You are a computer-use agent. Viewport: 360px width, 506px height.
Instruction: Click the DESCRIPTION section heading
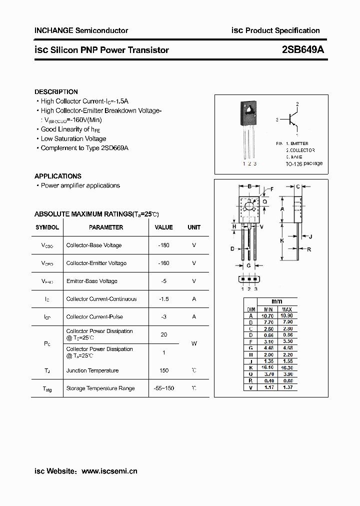[56, 92]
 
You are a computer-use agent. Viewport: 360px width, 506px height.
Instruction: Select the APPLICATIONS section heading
[57, 176]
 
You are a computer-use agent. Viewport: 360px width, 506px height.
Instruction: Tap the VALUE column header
[163, 227]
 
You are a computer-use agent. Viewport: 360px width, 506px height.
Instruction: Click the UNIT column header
[194, 227]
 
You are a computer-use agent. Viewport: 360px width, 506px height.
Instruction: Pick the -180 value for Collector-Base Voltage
[163, 245]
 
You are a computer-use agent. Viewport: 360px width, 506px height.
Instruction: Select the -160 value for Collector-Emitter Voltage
[163, 263]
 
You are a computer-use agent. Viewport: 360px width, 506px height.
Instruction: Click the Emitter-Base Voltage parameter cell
[91, 281]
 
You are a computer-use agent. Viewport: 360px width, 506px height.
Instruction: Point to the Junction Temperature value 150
[163, 370]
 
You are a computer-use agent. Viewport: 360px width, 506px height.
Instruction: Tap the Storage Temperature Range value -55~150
[163, 388]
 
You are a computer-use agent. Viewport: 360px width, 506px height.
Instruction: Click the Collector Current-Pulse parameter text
[94, 317]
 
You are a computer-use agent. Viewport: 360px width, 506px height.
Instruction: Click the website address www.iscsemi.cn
[109, 471]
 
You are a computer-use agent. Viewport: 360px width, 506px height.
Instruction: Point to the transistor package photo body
[248, 112]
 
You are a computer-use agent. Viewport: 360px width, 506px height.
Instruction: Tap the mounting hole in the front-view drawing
[249, 206]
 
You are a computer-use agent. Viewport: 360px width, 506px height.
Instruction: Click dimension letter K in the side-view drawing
[282, 240]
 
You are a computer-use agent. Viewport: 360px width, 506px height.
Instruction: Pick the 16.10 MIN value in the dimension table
[267, 366]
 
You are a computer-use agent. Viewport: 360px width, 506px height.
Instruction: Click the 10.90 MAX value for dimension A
[287, 315]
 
